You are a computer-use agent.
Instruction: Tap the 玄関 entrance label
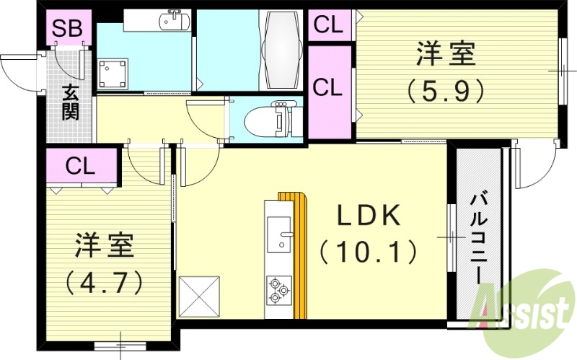tap(70, 102)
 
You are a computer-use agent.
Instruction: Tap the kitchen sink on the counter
tap(279, 234)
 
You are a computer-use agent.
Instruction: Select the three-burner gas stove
tap(278, 291)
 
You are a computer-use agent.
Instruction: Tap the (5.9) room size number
tap(444, 90)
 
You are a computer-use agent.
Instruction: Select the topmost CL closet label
tap(328, 25)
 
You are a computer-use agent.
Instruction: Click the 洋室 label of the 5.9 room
tap(446, 54)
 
